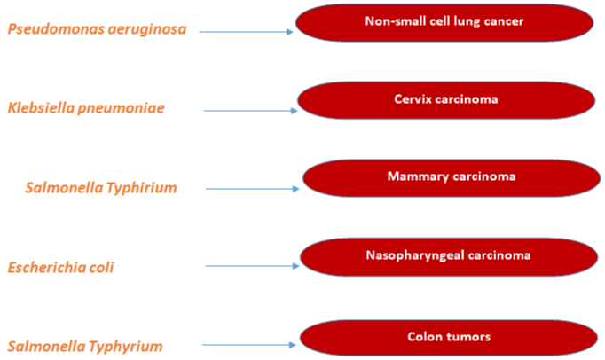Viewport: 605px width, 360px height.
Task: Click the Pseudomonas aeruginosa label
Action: (x=97, y=29)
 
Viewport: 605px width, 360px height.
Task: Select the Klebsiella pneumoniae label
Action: (x=86, y=108)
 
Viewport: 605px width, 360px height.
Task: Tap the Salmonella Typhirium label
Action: (x=101, y=188)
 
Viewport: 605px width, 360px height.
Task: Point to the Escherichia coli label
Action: (x=60, y=268)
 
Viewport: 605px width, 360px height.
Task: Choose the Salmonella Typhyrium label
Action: (x=85, y=347)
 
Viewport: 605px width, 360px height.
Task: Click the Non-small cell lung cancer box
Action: (x=444, y=23)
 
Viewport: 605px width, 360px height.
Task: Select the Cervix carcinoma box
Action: (x=446, y=100)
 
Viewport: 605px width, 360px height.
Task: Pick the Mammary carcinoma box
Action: (x=452, y=178)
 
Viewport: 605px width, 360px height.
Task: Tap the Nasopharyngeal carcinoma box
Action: (x=449, y=257)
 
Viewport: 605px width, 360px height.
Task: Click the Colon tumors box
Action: (x=449, y=338)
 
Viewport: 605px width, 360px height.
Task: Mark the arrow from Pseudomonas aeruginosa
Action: (x=246, y=32)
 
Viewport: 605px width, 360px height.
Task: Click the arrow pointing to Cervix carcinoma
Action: (x=251, y=111)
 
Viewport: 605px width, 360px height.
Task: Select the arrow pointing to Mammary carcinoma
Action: (x=253, y=189)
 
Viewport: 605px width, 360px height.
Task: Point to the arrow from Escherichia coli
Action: (x=253, y=266)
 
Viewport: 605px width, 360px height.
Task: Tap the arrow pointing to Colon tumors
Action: (x=249, y=345)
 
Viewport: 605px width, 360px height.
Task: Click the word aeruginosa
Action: (x=147, y=30)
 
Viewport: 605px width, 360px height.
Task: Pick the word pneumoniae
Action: (x=122, y=108)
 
